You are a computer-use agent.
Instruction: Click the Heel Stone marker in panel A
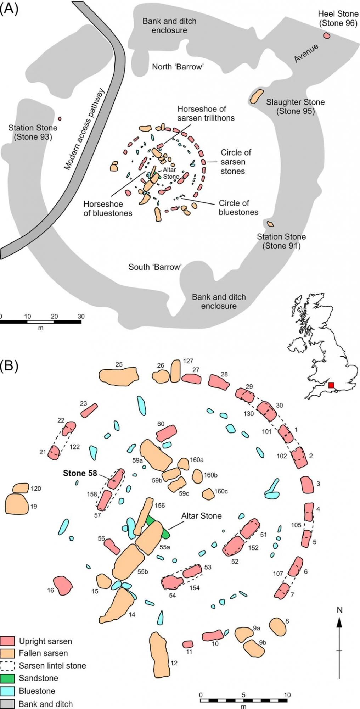click(x=326, y=35)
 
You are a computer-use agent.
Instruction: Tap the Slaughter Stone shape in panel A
click(x=257, y=96)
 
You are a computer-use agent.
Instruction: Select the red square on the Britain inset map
click(x=331, y=385)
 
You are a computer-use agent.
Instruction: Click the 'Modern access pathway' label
click(x=84, y=129)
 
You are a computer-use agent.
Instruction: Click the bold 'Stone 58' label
click(x=80, y=473)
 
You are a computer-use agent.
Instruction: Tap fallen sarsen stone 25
click(x=118, y=376)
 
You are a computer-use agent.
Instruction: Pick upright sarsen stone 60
click(x=166, y=434)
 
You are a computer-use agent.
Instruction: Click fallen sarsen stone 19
click(x=17, y=504)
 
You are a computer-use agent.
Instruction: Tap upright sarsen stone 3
click(x=307, y=485)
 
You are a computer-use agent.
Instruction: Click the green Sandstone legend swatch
click(x=7, y=678)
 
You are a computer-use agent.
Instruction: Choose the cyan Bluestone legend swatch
click(x=7, y=691)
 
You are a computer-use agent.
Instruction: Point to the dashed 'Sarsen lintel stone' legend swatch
click(x=7, y=665)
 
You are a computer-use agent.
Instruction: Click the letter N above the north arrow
click(x=339, y=610)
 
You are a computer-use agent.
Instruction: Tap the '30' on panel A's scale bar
click(x=81, y=316)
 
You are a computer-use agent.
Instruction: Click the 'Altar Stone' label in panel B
click(x=201, y=516)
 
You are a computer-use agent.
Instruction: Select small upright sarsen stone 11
click(x=188, y=644)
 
